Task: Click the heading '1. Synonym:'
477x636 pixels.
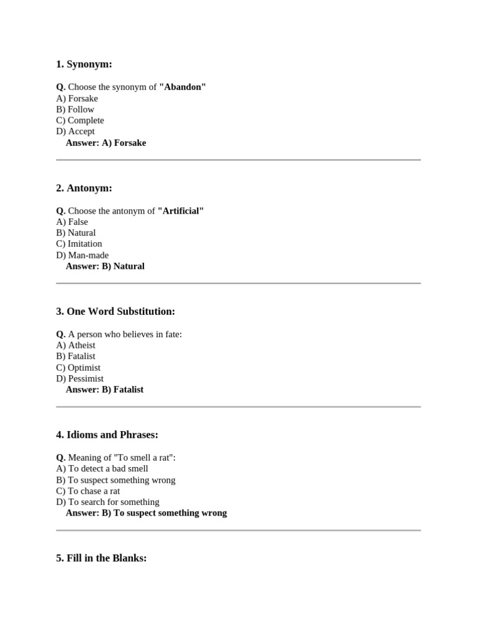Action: tap(84, 64)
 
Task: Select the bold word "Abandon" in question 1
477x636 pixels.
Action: tap(183, 87)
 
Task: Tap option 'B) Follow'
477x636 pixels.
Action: tap(75, 109)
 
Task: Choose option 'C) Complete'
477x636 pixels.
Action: tap(80, 120)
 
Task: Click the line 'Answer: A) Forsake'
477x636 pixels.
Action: tap(106, 143)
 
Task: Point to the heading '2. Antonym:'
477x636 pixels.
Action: tap(84, 188)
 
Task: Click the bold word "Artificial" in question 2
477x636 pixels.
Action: tap(181, 211)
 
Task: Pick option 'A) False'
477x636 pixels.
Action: tap(72, 222)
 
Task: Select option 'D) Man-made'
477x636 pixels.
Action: tap(82, 255)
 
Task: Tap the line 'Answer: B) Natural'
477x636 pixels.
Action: tap(105, 266)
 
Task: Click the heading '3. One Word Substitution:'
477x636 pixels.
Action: tap(116, 311)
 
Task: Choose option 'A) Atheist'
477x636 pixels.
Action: tap(76, 345)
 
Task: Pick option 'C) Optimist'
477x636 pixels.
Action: tap(78, 368)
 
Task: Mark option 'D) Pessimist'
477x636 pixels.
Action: tap(79, 379)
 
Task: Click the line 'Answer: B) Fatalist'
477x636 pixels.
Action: tap(104, 389)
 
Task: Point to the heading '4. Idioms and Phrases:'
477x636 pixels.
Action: tap(107, 435)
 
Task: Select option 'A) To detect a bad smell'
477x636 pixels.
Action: tap(102, 469)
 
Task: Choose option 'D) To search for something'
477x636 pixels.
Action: tap(107, 502)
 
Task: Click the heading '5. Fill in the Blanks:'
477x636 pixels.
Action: tap(101, 558)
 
